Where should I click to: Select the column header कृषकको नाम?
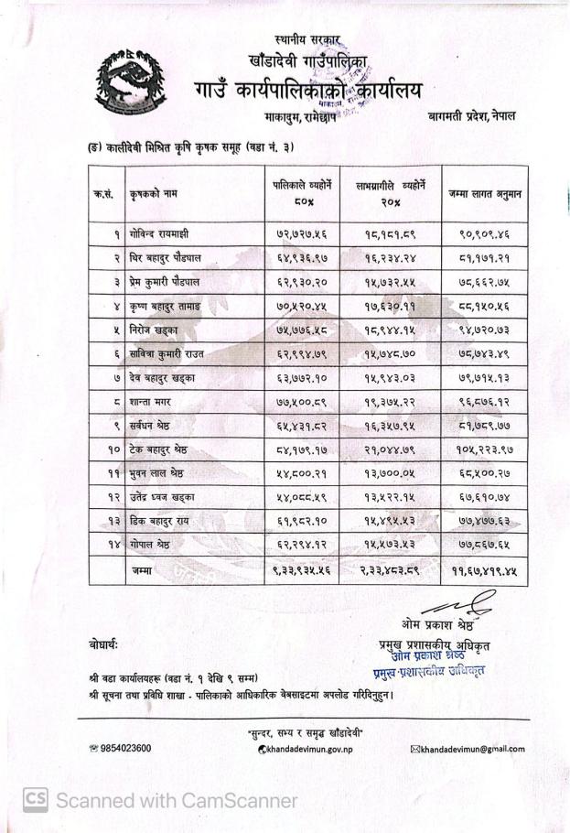(155, 193)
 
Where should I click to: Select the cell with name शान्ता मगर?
(155, 401)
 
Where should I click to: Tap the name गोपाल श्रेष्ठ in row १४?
(156, 544)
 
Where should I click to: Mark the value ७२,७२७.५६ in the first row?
(301, 234)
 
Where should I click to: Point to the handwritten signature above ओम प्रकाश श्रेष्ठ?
(448, 605)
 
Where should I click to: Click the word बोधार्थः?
(103, 644)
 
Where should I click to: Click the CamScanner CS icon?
(35, 799)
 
